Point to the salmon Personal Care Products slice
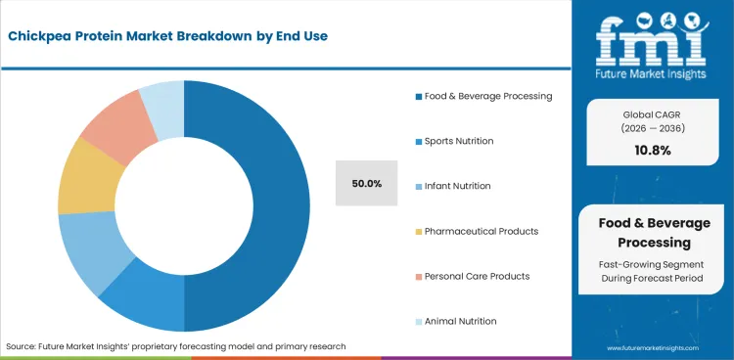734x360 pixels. point(114,127)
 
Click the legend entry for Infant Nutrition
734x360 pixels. point(452,186)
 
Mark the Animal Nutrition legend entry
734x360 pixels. point(455,321)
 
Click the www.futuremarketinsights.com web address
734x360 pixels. point(654,348)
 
